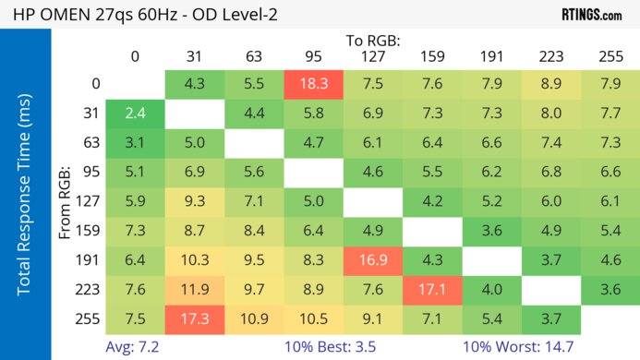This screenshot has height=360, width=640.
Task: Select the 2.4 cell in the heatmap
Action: (x=135, y=115)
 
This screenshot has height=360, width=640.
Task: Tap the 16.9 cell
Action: (x=371, y=260)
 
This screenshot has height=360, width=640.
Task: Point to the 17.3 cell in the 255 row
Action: (x=193, y=318)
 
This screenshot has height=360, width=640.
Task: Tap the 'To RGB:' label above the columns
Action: (x=373, y=42)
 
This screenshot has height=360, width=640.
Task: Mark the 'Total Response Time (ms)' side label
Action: (x=26, y=197)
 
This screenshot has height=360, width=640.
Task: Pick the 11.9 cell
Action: (x=193, y=290)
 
